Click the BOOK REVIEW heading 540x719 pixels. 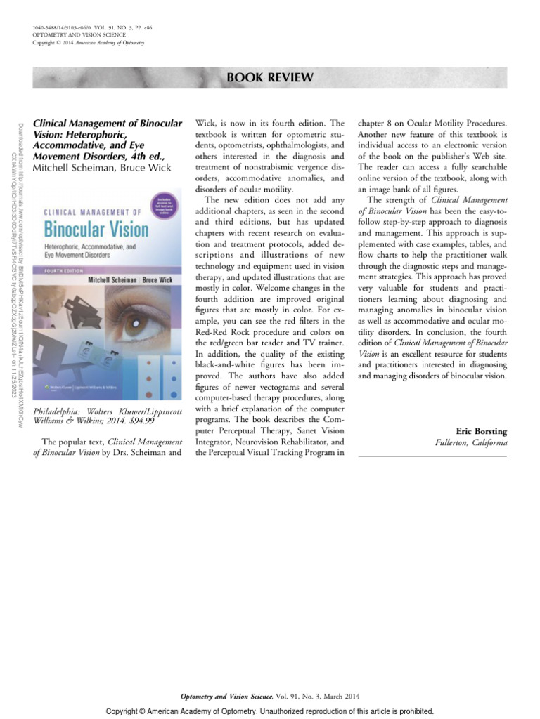270,77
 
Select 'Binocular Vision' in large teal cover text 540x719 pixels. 96,230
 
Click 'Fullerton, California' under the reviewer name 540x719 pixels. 470,442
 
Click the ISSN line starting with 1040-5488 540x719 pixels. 92,27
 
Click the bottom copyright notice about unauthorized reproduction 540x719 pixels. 270,711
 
